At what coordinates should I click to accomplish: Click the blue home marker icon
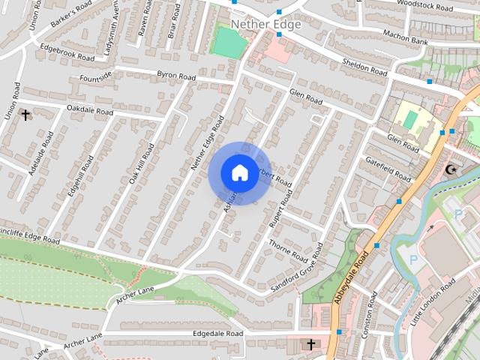[x=239, y=172]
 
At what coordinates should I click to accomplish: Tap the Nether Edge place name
[x=265, y=25]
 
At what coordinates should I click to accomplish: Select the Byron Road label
[x=176, y=76]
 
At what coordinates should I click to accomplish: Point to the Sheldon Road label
[x=364, y=67]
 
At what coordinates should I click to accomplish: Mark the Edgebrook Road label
[x=67, y=51]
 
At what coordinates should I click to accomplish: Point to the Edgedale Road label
[x=218, y=333]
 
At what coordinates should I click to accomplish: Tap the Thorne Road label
[x=288, y=250]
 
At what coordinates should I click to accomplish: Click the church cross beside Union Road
[x=25, y=115]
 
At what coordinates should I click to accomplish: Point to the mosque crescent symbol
[x=451, y=169]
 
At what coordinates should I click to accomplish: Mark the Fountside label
[x=95, y=76]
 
